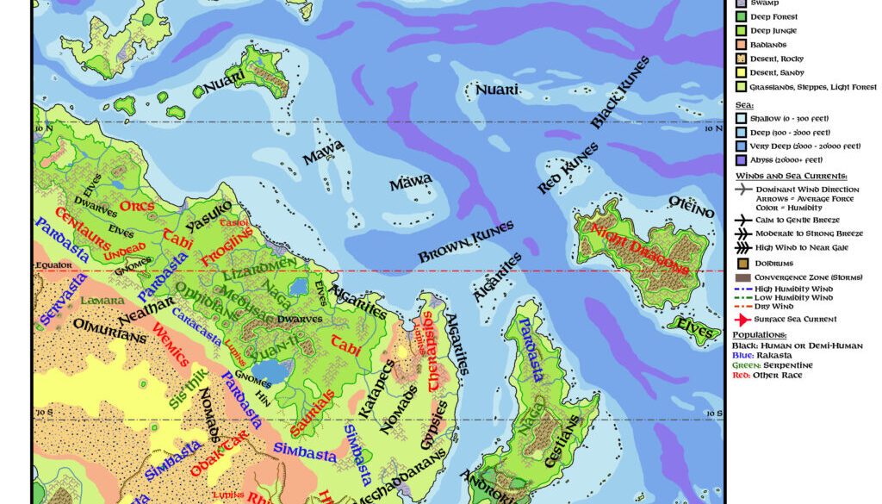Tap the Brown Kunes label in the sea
point(466,242)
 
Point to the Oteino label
point(692,207)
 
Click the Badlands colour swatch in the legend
point(739,45)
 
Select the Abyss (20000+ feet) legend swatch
point(739,160)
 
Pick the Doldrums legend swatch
point(739,263)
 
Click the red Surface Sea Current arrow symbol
point(739,320)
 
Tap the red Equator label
point(53,264)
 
